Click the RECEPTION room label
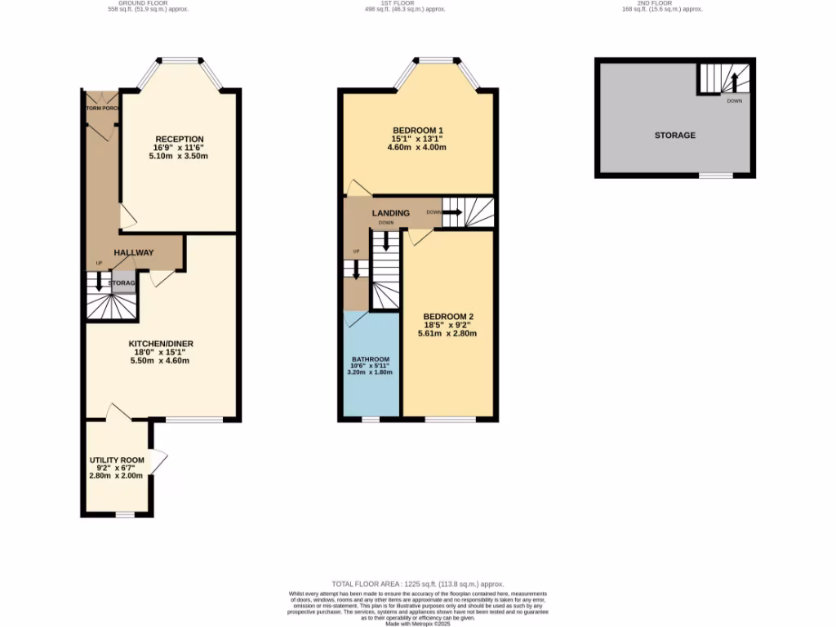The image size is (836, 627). [180, 139]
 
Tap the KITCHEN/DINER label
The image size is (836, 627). [161, 344]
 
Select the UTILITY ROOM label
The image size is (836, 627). [116, 460]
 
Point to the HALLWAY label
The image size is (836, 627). [134, 252]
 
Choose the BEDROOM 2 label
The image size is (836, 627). [447, 317]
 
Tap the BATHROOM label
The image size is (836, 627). [371, 359]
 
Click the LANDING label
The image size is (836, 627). [391, 213]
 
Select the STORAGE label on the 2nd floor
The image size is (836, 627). [674, 135]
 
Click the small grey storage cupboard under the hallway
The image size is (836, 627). [122, 283]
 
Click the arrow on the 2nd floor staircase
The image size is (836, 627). [733, 82]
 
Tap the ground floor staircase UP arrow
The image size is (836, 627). [99, 282]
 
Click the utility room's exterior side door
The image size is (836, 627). [160, 465]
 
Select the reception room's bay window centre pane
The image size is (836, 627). [180, 60]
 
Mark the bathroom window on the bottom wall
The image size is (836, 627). [371, 420]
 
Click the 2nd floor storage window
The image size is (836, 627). [715, 176]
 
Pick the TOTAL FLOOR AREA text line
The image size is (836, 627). [417, 585]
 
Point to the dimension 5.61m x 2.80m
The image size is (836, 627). [447, 333]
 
